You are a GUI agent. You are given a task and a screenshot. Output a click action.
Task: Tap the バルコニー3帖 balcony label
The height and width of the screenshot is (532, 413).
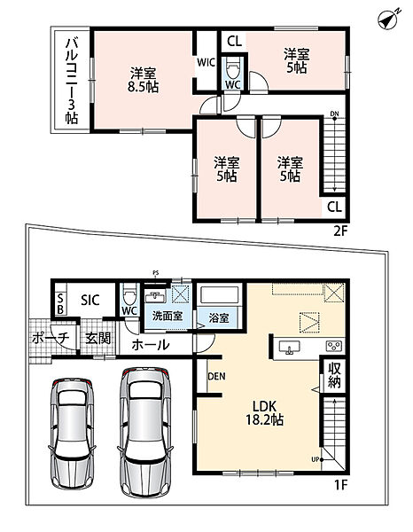click(72, 81)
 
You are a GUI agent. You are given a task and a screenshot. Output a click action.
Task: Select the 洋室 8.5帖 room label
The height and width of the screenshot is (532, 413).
click(143, 80)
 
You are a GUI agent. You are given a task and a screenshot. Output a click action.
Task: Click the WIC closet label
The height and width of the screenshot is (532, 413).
click(206, 62)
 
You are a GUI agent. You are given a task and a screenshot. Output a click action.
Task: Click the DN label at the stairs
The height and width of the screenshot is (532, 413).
click(335, 114)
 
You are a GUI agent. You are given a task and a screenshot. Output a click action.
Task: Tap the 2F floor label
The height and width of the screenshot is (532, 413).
click(340, 231)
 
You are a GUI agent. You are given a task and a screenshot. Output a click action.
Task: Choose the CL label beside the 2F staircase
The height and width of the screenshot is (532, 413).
click(334, 207)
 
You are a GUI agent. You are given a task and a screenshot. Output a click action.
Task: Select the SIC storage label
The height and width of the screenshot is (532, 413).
click(90, 300)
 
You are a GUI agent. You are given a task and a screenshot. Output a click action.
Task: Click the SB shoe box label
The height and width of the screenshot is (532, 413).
click(60, 303)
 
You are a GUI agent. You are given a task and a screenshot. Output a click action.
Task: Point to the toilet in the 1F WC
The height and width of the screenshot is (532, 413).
click(129, 293)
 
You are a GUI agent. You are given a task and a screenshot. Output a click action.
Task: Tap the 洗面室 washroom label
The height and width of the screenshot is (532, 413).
click(168, 317)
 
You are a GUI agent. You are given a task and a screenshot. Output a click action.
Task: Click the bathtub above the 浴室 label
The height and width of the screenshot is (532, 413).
click(220, 294)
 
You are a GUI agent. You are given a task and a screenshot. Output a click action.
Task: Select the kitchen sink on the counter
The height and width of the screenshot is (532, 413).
click(289, 348)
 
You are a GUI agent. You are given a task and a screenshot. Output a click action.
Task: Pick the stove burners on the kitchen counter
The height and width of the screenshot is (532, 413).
click(333, 346)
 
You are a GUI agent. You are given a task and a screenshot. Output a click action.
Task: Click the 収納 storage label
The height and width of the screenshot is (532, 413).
click(334, 375)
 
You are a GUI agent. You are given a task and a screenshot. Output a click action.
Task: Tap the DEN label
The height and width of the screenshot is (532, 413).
click(216, 376)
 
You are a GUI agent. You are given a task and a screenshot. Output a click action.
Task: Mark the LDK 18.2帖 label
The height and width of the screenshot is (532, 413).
click(264, 413)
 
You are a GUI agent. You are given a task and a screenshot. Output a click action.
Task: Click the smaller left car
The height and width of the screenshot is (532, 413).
click(72, 433)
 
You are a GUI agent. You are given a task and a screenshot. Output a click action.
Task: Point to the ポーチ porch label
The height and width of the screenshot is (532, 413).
click(51, 338)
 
